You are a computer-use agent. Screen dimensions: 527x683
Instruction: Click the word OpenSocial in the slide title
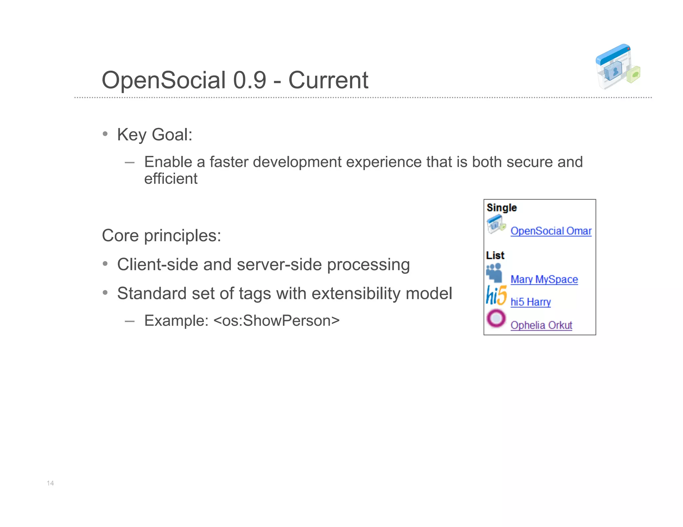tap(164, 80)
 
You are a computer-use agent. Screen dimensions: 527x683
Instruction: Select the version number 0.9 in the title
tap(249, 80)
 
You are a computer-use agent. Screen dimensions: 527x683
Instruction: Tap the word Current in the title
tap(328, 80)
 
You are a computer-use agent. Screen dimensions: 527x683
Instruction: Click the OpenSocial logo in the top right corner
tap(618, 66)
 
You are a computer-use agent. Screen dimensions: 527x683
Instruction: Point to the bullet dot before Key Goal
tap(105, 134)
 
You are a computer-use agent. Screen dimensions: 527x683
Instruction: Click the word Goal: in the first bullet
tap(172, 135)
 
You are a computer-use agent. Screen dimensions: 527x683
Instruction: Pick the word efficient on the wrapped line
tap(171, 179)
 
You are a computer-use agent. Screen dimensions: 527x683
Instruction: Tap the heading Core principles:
tap(161, 236)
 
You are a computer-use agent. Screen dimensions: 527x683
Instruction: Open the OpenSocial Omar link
tap(551, 231)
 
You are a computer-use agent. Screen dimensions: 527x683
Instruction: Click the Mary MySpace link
tap(544, 279)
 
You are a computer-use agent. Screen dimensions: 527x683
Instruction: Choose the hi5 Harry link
tap(530, 302)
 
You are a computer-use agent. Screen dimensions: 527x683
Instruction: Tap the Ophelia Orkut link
tap(541, 325)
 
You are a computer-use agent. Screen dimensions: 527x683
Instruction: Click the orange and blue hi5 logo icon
tap(496, 295)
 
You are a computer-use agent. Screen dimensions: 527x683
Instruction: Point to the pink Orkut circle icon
tap(496, 318)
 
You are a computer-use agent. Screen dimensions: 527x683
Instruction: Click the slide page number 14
tap(50, 483)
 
